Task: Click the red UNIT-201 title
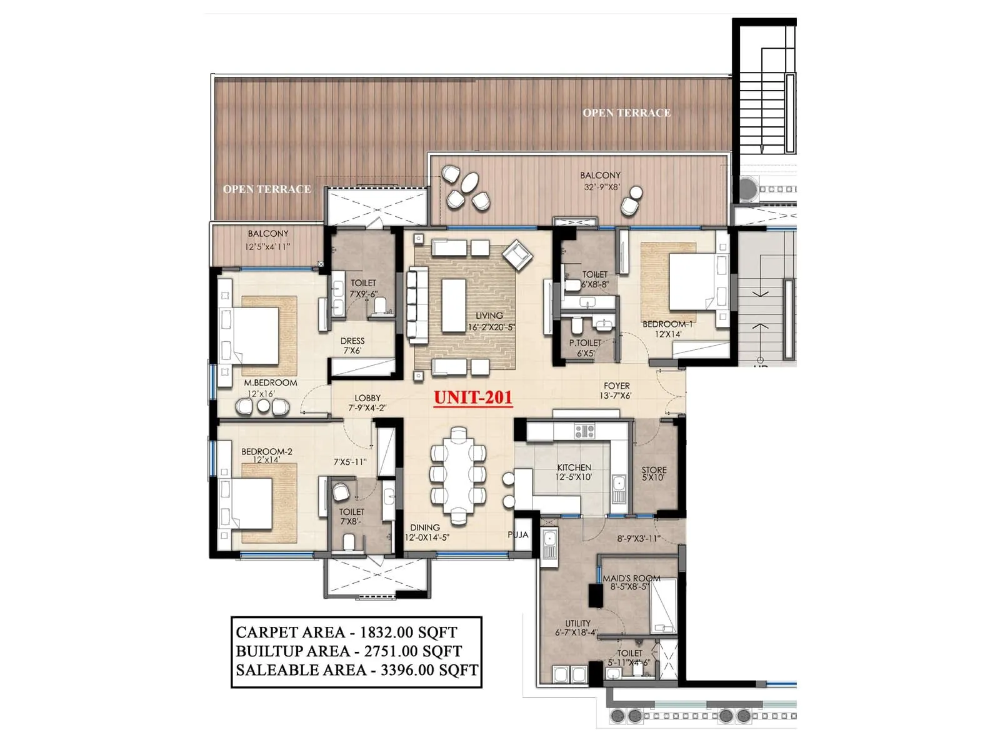[473, 397]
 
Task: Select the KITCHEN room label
[574, 467]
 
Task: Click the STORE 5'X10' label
[654, 474]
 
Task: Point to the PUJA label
[517, 535]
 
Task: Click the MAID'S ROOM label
[631, 578]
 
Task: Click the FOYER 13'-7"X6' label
[616, 391]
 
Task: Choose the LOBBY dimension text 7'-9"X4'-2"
[367, 408]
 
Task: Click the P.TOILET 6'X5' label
[585, 348]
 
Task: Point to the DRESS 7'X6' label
[352, 346]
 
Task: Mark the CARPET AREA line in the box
[346, 632]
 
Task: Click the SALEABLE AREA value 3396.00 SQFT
[429, 671]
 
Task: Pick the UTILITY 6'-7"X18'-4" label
[577, 627]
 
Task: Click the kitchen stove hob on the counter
[584, 431]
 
